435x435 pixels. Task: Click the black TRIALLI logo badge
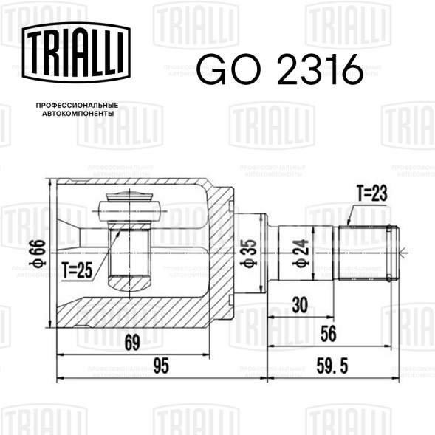pyautogui.click(x=76, y=52)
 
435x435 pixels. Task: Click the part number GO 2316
pyautogui.click(x=280, y=69)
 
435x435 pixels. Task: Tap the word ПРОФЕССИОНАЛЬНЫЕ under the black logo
pyautogui.click(x=77, y=106)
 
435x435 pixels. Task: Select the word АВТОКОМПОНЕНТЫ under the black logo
pyautogui.click(x=78, y=114)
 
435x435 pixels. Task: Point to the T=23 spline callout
pyautogui.click(x=372, y=193)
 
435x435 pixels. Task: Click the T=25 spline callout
pyautogui.click(x=77, y=270)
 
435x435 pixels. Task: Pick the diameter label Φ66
pyautogui.click(x=38, y=253)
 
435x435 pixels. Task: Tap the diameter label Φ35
pyautogui.click(x=249, y=253)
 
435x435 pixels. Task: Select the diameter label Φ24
pyautogui.click(x=301, y=253)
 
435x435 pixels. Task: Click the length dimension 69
pyautogui.click(x=132, y=343)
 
